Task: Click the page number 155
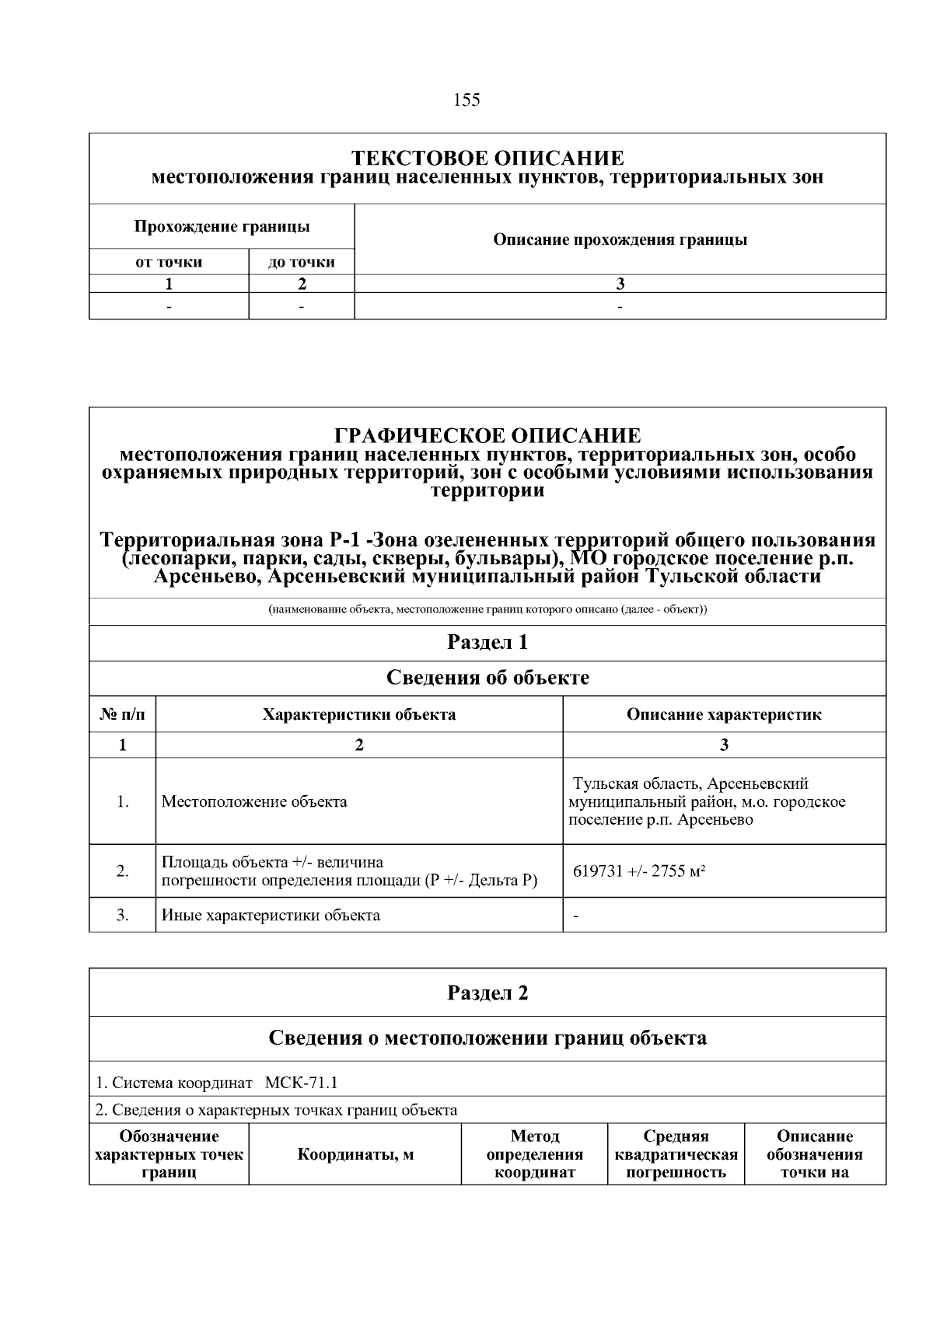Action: point(466,99)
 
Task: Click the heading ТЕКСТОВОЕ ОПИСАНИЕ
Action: point(487,159)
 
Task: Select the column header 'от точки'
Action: point(169,262)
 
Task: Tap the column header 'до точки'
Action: point(302,262)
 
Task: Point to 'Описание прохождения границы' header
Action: point(620,239)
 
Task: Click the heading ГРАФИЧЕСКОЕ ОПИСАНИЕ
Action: point(487,435)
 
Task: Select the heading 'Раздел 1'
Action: point(487,643)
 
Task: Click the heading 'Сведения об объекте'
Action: point(487,678)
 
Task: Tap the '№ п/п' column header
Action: point(122,714)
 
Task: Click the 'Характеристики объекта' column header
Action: point(358,714)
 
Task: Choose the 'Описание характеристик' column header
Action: point(724,714)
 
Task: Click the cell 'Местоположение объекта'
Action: point(254,801)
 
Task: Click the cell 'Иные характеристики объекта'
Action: point(271,915)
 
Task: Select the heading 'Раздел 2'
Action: point(487,993)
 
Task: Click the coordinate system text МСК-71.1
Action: point(301,1083)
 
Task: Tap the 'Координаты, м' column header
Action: point(355,1154)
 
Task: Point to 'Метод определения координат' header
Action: point(534,1154)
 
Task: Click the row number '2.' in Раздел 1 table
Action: point(122,871)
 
